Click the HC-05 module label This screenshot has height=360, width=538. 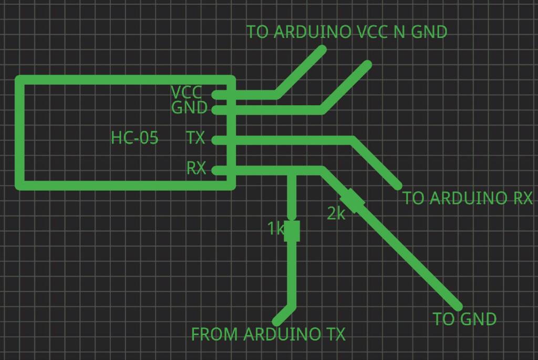(134, 138)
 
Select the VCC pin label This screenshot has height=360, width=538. (186, 93)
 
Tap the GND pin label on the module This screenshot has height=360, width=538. (189, 108)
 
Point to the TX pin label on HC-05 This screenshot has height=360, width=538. (195, 138)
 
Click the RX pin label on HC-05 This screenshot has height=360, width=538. (196, 168)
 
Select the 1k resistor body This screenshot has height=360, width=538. (292, 231)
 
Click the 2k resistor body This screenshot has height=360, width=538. (353, 201)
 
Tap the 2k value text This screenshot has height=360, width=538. (336, 214)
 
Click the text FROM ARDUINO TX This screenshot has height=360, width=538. (268, 334)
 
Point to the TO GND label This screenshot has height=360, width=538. (464, 319)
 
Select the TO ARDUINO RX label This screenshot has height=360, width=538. (467, 198)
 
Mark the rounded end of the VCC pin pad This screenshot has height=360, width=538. (215, 95)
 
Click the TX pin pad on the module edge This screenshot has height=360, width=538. (215, 140)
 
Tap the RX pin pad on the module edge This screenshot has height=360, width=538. (215, 170)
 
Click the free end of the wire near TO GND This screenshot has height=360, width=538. (459, 306)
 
